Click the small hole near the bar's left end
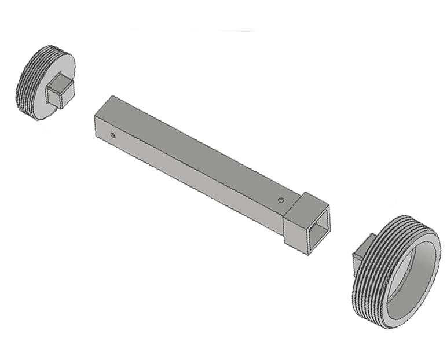click(x=113, y=135)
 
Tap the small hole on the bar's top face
click(x=281, y=200)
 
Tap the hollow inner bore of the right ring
click(x=409, y=272)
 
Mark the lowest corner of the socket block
click(x=309, y=254)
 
